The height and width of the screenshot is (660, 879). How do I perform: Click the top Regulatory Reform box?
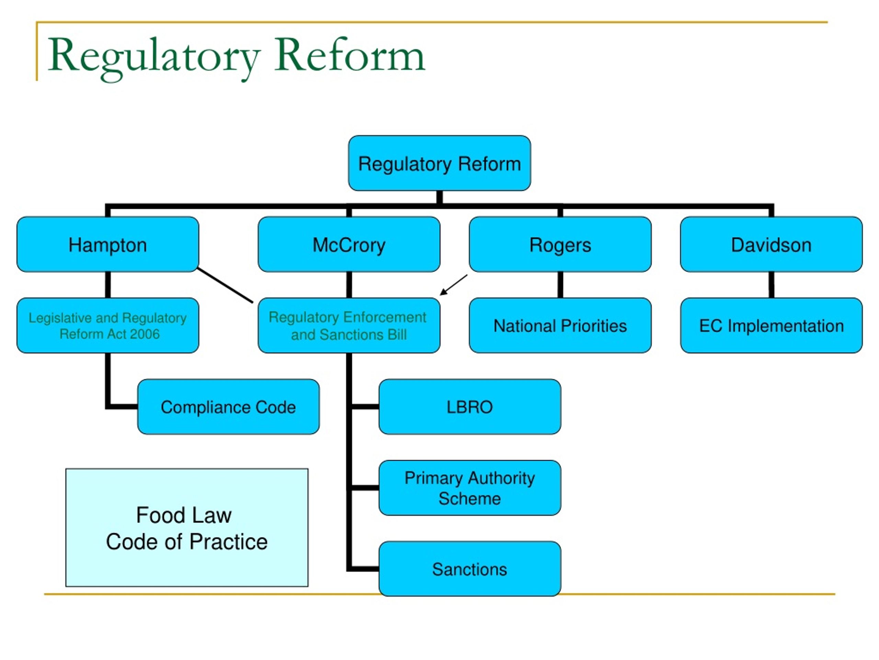tap(439, 163)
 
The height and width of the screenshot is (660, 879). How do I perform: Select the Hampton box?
tap(108, 244)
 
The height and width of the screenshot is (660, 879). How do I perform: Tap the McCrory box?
tap(349, 244)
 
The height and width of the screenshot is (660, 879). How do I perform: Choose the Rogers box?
tap(560, 244)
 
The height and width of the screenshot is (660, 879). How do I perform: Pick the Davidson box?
tap(771, 244)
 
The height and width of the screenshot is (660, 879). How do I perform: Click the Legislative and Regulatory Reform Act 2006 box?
tap(108, 326)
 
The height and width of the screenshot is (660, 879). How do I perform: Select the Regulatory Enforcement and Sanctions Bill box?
tap(349, 326)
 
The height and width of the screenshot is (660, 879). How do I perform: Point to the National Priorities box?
tap(560, 326)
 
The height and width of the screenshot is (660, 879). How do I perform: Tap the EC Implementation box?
tap(771, 326)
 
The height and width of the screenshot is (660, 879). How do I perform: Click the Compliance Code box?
tap(228, 407)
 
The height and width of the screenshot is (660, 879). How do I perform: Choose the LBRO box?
tap(470, 407)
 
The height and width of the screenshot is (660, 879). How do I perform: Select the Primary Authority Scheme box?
tap(470, 488)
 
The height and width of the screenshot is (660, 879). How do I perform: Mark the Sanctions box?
tap(470, 569)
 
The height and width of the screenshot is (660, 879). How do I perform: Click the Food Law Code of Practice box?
tap(187, 528)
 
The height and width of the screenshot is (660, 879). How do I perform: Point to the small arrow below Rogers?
tap(454, 285)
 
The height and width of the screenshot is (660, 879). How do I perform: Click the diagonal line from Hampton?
tap(225, 285)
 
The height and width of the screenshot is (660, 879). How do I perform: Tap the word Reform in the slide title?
tap(350, 56)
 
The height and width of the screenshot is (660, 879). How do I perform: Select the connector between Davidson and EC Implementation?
tap(771, 285)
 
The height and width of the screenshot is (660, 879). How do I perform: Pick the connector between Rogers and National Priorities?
tap(560, 285)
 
